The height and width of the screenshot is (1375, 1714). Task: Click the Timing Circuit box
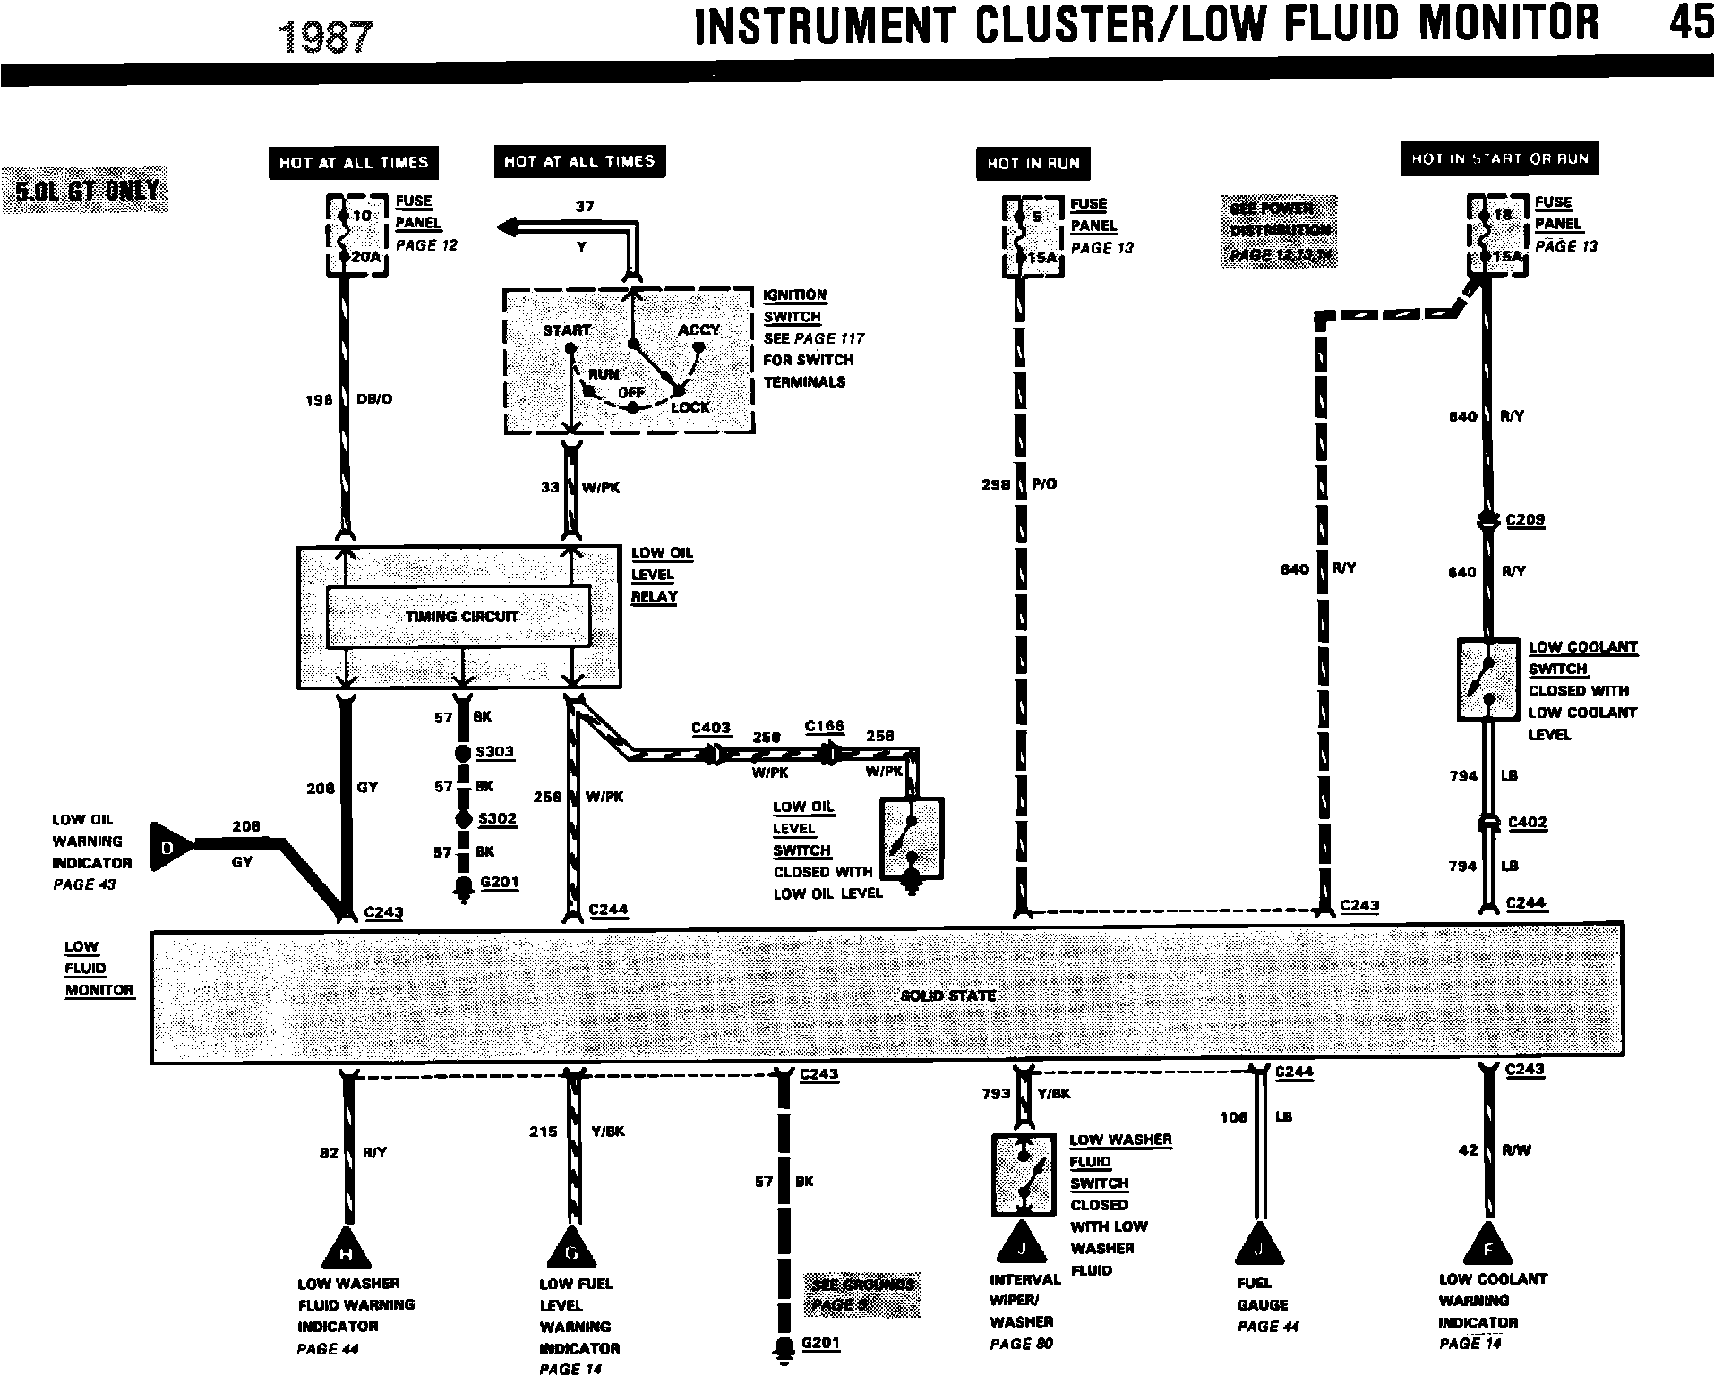coord(458,616)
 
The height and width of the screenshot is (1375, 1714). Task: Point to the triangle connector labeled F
coord(1489,1246)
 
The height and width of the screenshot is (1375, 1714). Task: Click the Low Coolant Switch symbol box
coord(1488,679)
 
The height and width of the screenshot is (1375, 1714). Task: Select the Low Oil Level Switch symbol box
coord(912,839)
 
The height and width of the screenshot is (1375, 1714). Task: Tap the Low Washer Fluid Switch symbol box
coord(1024,1174)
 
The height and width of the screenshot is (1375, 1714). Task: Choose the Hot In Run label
coord(1033,163)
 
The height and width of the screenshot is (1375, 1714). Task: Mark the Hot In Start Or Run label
coord(1499,159)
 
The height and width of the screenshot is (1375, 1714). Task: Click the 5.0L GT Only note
coord(85,190)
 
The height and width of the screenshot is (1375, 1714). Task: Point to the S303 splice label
coord(495,751)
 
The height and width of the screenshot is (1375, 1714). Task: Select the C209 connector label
coord(1525,519)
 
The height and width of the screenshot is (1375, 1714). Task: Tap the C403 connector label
coord(711,728)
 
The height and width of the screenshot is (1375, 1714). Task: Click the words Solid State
coord(947,995)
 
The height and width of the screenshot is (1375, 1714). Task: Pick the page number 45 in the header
coord(1690,22)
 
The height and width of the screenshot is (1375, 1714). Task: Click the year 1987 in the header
coord(325,38)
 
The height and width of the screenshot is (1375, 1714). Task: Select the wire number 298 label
coord(995,484)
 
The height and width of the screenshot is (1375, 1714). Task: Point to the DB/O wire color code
coord(374,399)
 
